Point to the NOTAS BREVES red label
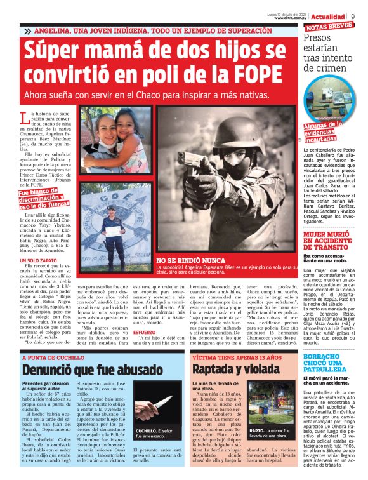coord(329,27)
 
